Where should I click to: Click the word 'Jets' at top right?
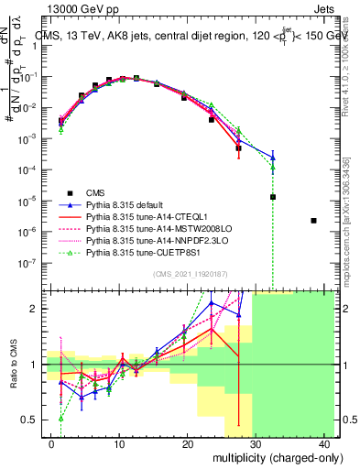[325, 8]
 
